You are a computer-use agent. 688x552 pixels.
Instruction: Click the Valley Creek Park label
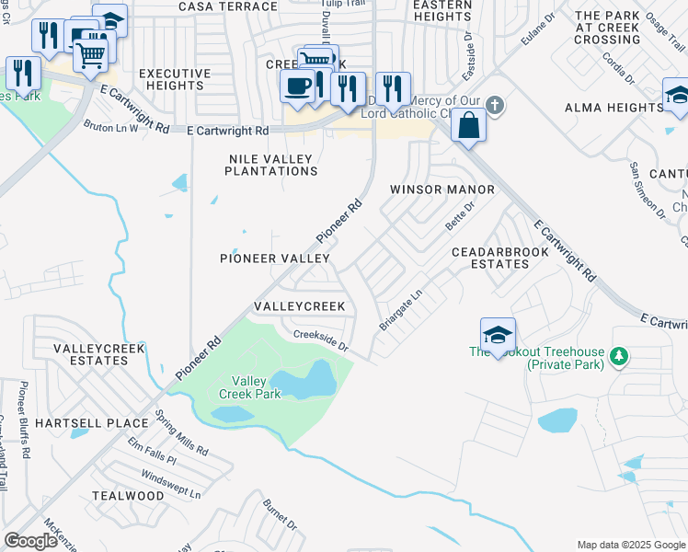tap(248, 387)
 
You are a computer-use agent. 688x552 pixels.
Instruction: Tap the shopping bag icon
tap(469, 125)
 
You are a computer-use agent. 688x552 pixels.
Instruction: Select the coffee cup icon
tap(297, 86)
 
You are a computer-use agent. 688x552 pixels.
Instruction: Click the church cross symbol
tap(495, 104)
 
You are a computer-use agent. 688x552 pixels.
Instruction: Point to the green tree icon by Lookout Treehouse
tap(619, 356)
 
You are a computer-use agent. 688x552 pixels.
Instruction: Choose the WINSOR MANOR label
tap(442, 190)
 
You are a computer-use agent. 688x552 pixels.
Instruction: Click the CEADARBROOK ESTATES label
tap(490, 258)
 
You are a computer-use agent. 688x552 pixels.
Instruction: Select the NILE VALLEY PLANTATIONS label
tap(271, 165)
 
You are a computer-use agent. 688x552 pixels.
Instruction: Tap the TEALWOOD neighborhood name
tap(128, 495)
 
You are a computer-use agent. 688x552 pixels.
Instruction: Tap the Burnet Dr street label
tap(280, 515)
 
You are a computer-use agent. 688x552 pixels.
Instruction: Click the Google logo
tap(31, 541)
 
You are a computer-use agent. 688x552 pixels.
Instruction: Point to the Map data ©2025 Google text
tap(630, 545)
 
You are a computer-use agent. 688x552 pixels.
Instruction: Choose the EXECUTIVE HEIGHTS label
tap(170, 79)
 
